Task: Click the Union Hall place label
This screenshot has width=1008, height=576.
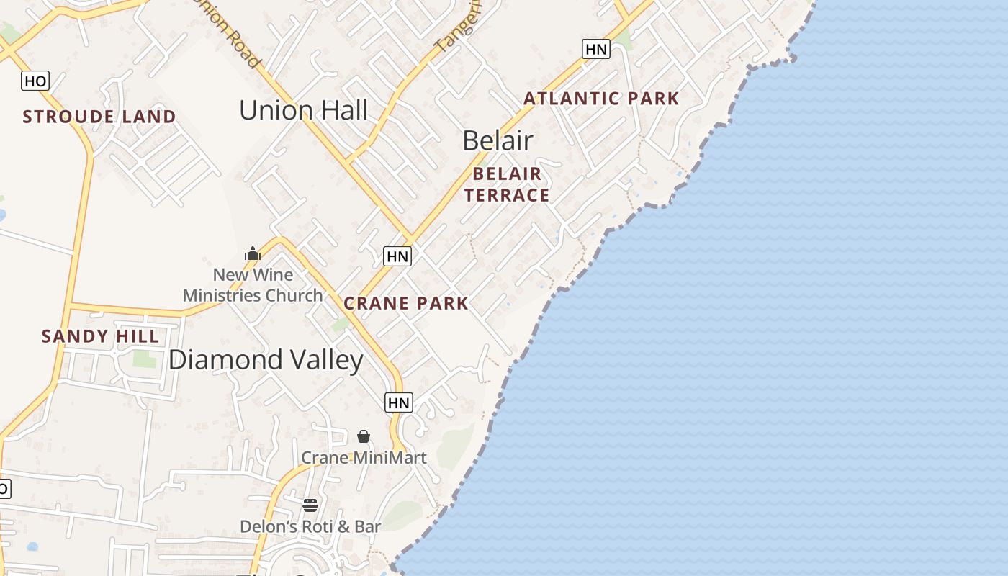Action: [303, 110]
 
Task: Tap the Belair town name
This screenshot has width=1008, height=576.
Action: [498, 140]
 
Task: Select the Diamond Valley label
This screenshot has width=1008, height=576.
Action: [266, 360]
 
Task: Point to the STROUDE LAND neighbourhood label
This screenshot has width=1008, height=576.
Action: [99, 117]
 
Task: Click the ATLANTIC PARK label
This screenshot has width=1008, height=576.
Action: [601, 99]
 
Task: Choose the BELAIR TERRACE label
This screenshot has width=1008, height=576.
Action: [507, 184]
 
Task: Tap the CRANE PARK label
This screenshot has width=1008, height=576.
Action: [406, 303]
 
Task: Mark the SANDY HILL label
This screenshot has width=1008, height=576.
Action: [100, 336]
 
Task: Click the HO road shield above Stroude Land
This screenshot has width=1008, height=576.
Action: [35, 81]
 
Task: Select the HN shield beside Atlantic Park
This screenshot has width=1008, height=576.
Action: [595, 49]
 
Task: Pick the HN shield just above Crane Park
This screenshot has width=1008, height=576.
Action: [397, 256]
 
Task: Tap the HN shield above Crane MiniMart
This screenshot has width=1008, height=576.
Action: [398, 402]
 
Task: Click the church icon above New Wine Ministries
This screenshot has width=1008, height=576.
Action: [253, 253]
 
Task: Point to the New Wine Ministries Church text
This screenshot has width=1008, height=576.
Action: [253, 285]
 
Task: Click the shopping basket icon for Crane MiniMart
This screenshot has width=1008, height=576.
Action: [364, 436]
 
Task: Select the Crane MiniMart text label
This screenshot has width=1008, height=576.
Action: [364, 457]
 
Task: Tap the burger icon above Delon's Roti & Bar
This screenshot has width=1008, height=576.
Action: [310, 505]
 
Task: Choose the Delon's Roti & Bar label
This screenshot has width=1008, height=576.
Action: [310, 526]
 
